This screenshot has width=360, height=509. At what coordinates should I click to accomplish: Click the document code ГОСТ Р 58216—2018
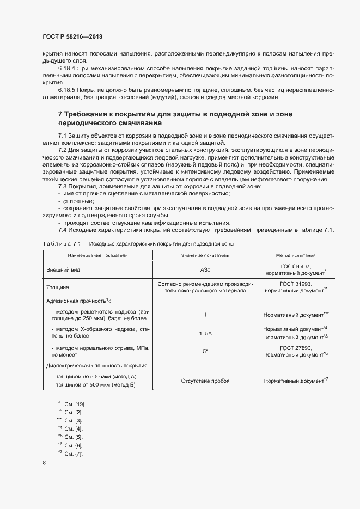(x=72, y=36)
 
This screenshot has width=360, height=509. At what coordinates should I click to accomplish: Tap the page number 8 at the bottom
(x=44, y=463)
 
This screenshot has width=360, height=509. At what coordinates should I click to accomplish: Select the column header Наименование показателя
(x=98, y=255)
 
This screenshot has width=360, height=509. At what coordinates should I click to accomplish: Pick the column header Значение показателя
(x=205, y=255)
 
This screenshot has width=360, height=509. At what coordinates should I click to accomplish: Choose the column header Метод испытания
(x=296, y=255)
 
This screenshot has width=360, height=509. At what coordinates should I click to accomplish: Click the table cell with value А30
(x=205, y=269)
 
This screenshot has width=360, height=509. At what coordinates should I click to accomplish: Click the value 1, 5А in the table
(x=205, y=333)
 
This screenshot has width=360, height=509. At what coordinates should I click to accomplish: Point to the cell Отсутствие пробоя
(x=205, y=381)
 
